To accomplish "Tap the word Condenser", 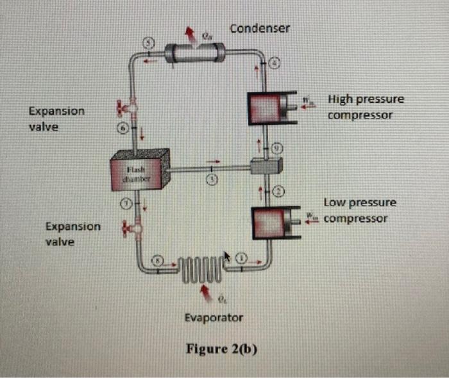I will tap(260, 29).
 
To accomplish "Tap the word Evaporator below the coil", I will tap(213, 318).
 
